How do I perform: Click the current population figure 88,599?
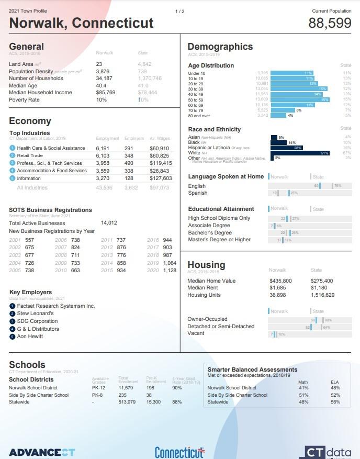click(330, 23)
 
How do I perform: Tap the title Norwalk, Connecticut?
click(82, 23)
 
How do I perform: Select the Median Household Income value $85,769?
click(106, 93)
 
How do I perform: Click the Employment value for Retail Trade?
click(103, 156)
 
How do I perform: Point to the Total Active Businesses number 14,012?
click(109, 223)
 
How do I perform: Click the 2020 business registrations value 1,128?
click(170, 271)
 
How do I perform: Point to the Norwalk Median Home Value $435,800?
click(280, 281)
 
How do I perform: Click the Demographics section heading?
click(220, 47)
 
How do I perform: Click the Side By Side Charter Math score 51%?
click(303, 395)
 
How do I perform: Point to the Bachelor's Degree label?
click(210, 232)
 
